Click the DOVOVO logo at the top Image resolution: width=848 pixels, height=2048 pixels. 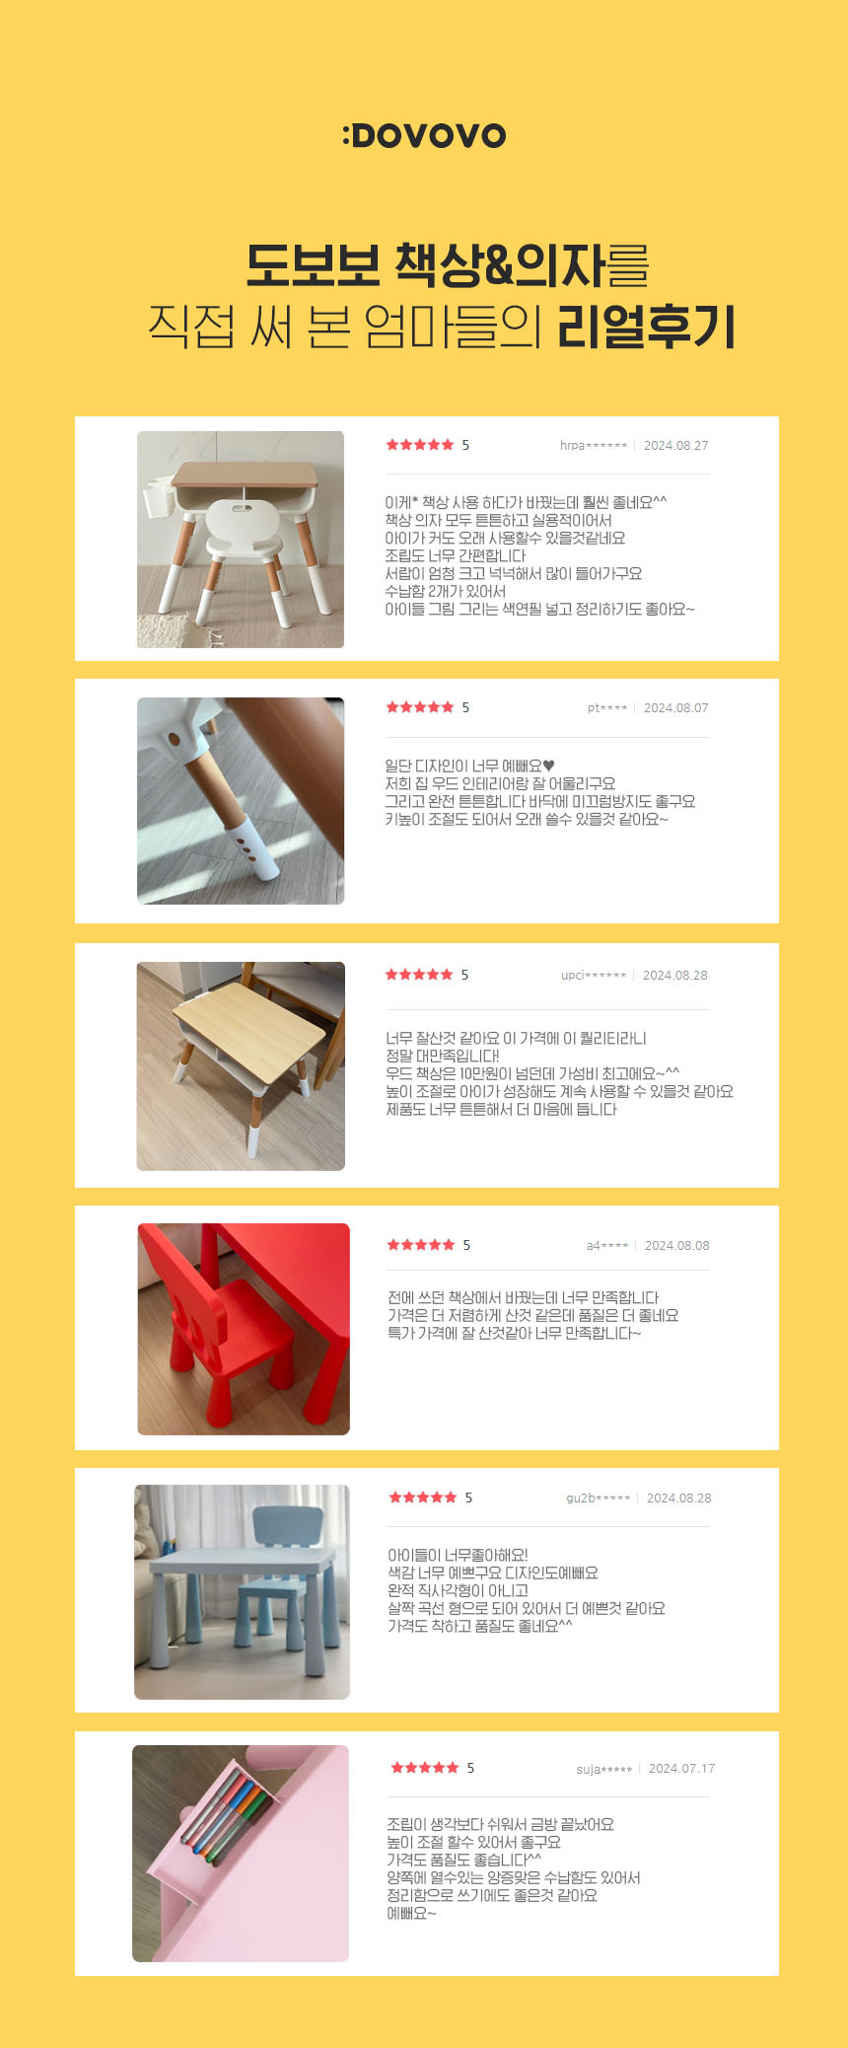point(424,135)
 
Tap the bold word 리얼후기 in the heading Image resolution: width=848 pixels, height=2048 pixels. point(647,326)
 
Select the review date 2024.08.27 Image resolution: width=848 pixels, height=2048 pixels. point(676,446)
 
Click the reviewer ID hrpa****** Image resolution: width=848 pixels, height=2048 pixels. point(594,446)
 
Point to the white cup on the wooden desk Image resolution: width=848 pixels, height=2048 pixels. point(158,497)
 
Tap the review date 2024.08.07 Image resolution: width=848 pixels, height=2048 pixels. point(676,708)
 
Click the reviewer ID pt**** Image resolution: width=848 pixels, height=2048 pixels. point(607,708)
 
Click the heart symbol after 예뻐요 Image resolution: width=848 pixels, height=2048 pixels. point(549,766)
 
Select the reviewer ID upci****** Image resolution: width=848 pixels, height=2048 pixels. point(594,976)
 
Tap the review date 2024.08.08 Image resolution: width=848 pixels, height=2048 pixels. point(677,1246)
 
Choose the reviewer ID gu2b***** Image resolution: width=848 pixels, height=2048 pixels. point(599,1499)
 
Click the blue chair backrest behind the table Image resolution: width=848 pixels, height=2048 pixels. point(288,1526)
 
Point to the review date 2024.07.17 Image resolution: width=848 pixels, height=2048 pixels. point(682,1769)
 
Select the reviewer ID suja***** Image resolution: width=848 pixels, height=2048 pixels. point(604,1769)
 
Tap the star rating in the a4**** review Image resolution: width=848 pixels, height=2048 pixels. point(421,1245)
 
